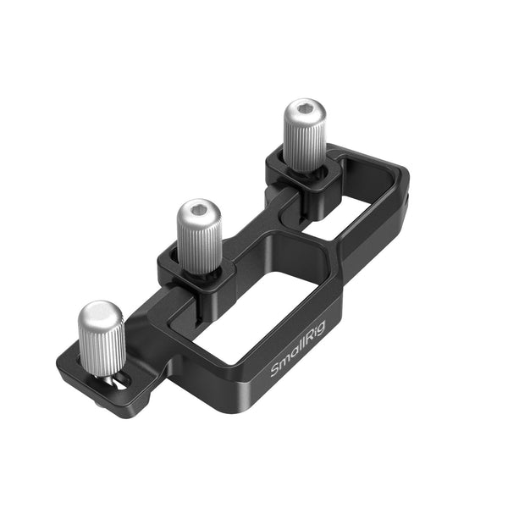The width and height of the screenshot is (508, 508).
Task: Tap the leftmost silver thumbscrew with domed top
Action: click(x=102, y=339)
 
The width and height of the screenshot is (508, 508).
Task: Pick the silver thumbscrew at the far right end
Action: click(x=303, y=135)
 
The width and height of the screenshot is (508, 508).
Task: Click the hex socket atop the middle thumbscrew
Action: click(x=199, y=209)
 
